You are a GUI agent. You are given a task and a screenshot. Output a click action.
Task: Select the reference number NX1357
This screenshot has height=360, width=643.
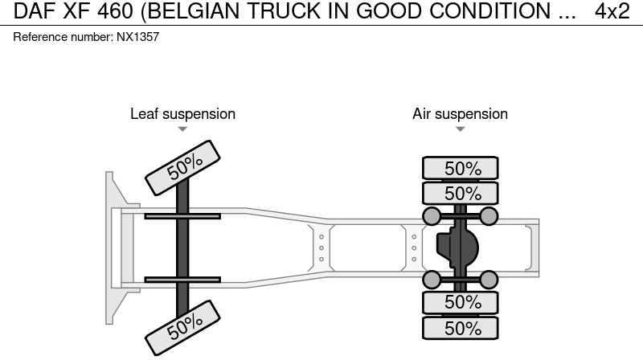point(86,38)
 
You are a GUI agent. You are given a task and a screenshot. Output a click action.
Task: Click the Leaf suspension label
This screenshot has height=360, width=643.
point(182,114)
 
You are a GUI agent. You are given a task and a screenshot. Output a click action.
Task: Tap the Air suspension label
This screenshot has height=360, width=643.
point(460,114)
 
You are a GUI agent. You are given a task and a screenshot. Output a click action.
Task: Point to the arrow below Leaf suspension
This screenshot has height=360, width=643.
point(182,129)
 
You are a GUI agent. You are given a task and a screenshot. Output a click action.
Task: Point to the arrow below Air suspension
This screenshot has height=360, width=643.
point(460,129)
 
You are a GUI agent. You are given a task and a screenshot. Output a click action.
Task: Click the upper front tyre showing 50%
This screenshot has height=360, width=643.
point(184,167)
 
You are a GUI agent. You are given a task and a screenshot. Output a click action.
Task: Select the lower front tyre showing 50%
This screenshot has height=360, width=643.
point(184,325)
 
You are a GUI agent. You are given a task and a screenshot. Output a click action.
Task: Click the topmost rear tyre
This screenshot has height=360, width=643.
point(461,168)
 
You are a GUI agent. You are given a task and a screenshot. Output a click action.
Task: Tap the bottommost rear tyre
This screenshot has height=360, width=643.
point(461,328)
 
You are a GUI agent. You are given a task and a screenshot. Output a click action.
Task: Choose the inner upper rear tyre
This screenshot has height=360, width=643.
point(461,193)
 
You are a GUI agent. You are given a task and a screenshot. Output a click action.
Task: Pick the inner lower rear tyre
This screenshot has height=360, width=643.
point(461,302)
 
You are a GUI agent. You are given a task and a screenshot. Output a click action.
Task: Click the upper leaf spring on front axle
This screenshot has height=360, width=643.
point(182,215)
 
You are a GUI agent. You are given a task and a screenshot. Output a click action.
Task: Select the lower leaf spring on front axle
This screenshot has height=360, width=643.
point(182,280)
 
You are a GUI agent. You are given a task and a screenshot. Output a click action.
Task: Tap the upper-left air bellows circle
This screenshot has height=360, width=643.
point(432,215)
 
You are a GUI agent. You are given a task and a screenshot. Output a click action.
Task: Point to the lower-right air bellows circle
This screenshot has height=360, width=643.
point(489,280)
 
